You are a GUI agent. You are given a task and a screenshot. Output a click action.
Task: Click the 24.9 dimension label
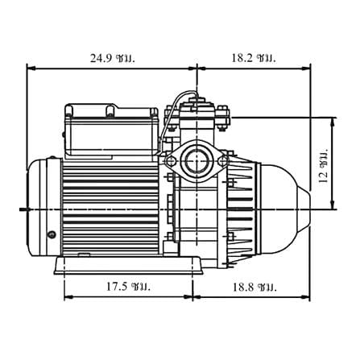[112, 58]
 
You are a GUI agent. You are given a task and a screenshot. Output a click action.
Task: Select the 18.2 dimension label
[254, 58]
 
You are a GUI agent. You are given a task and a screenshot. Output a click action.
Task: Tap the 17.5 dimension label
[128, 287]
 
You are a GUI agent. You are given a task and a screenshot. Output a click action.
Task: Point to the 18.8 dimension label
[254, 288]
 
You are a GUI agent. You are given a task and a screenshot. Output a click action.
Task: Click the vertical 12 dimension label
[324, 165]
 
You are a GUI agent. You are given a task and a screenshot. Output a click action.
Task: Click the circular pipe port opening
[197, 160]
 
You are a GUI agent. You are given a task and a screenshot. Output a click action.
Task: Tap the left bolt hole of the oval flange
[171, 161]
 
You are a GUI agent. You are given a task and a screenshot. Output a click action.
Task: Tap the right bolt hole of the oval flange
[222, 161]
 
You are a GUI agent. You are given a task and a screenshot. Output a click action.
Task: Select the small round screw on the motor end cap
[51, 234]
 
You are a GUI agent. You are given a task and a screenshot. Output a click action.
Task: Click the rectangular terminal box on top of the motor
[111, 130]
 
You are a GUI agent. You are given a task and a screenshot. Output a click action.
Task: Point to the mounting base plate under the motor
[128, 266]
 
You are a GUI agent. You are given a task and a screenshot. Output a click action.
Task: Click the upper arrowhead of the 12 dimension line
[333, 122]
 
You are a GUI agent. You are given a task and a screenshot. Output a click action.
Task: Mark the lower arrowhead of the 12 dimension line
[333, 205]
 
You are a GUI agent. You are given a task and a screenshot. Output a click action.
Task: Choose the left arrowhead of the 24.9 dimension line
[31, 68]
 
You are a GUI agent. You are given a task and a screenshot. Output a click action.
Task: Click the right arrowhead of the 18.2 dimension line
[306, 68]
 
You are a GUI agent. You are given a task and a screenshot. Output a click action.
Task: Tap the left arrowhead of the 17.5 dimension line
[68, 297]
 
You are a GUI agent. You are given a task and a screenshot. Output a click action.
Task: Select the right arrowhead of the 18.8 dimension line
[305, 297]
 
